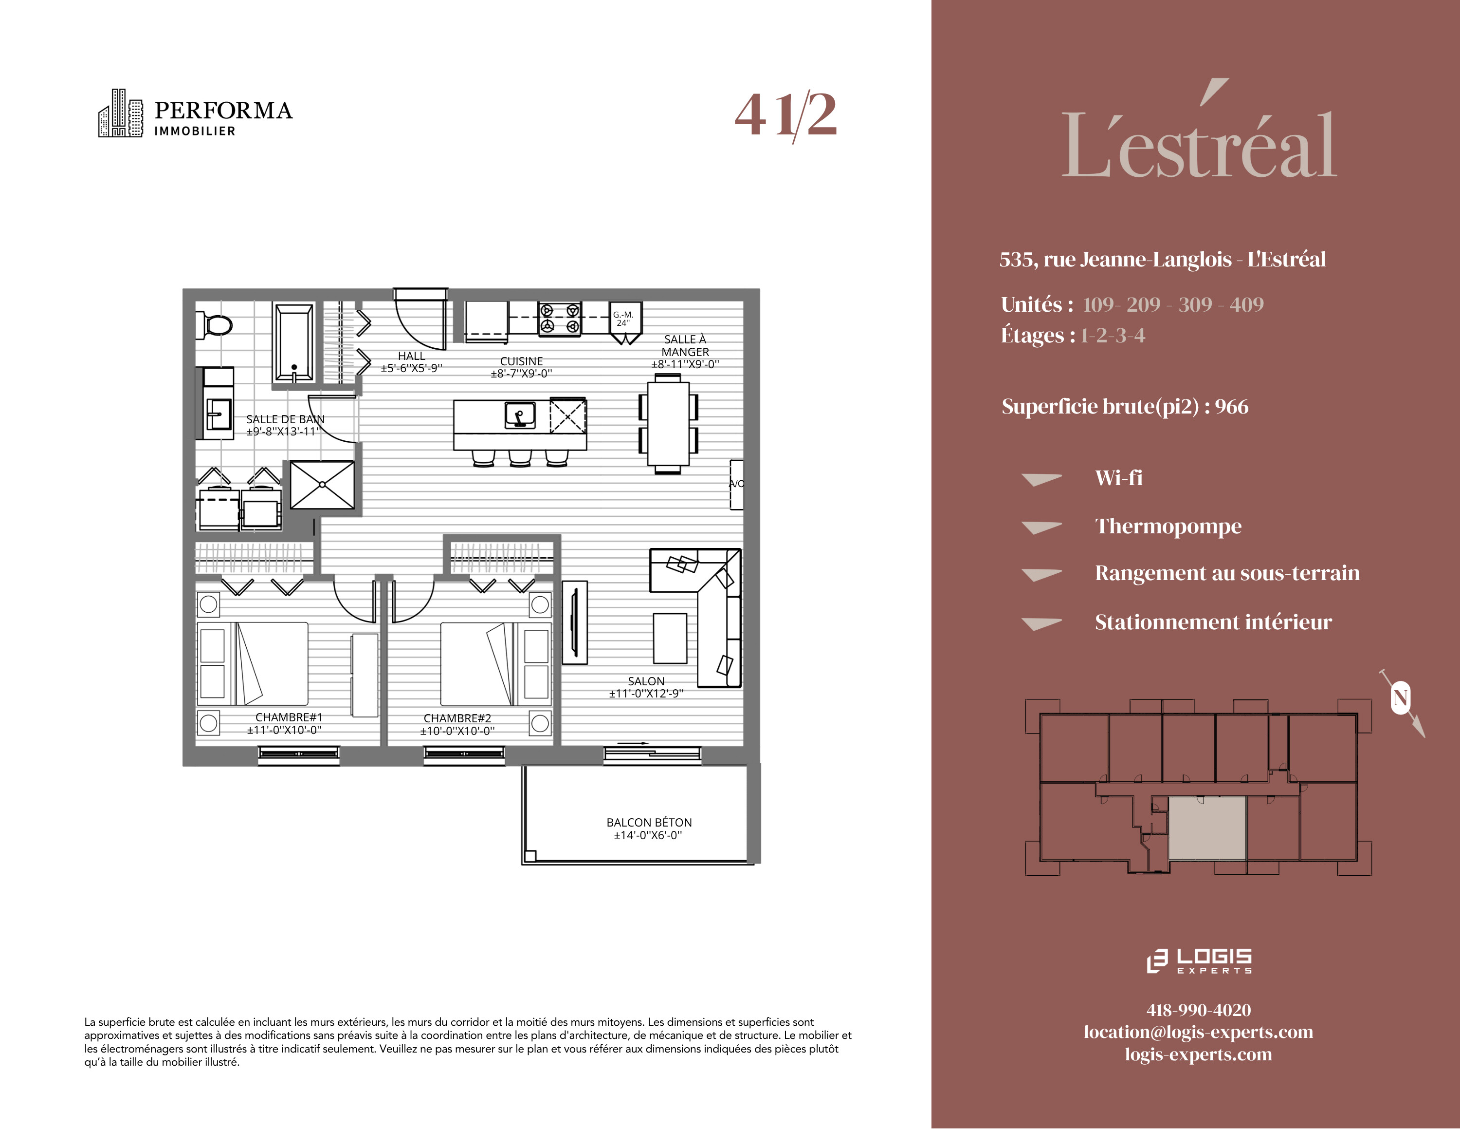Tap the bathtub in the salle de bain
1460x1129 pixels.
(x=293, y=342)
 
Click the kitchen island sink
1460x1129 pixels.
(x=519, y=414)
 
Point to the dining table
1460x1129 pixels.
(x=668, y=423)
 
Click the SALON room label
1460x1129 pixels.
(x=646, y=681)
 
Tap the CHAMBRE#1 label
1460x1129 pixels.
(x=289, y=717)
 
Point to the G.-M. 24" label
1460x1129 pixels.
(x=623, y=319)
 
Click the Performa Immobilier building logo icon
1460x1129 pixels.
(x=120, y=113)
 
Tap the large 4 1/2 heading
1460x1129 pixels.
(x=785, y=115)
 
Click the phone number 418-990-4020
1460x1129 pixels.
(x=1199, y=1010)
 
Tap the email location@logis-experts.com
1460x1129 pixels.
(x=1198, y=1032)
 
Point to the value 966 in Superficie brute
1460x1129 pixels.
(x=1231, y=407)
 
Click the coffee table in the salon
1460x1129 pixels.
(x=670, y=638)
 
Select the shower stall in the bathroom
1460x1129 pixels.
(x=322, y=485)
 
